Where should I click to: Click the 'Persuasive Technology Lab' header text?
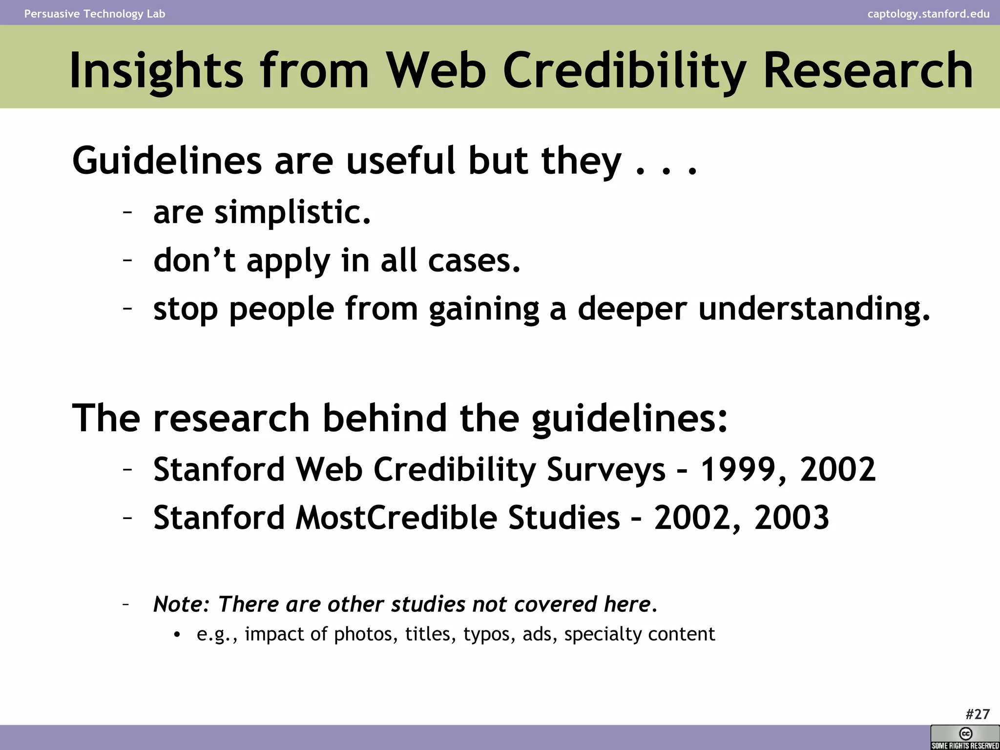pyautogui.click(x=95, y=14)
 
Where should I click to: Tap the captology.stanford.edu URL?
pyautogui.click(x=928, y=14)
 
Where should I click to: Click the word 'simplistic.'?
pyautogui.click(x=293, y=212)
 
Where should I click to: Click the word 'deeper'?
pyautogui.click(x=632, y=310)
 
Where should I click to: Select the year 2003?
pyautogui.click(x=792, y=518)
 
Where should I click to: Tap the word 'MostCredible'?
pyautogui.click(x=396, y=518)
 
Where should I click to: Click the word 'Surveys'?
pyautogui.click(x=606, y=470)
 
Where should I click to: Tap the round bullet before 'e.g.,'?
pyautogui.click(x=177, y=635)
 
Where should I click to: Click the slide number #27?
pyautogui.click(x=978, y=714)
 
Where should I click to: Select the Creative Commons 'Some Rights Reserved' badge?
pyautogui.click(x=965, y=737)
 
